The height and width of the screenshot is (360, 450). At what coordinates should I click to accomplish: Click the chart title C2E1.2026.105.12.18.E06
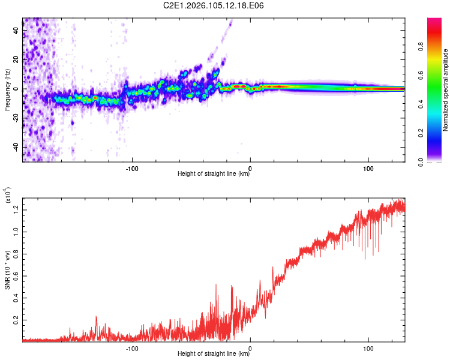222,5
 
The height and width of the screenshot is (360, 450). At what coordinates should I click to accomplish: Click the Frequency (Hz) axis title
7,90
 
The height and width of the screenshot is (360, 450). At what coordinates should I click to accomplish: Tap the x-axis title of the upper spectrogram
214,174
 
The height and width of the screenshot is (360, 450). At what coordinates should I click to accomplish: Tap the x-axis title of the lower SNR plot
214,353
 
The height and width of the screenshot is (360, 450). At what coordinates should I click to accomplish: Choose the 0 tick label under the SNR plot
250,347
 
